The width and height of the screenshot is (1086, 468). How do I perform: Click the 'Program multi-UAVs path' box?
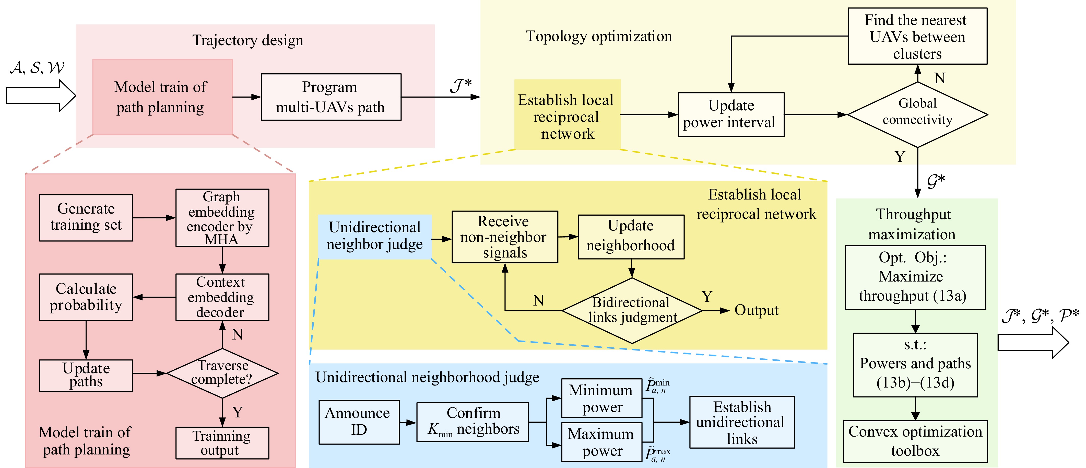tap(331, 97)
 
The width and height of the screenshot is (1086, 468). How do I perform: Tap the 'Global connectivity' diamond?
tap(917, 114)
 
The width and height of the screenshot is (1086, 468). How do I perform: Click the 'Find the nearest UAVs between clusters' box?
tap(917, 36)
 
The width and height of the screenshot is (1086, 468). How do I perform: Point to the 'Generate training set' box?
tap(86, 218)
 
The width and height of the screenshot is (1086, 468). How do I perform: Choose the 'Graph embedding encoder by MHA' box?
tap(222, 218)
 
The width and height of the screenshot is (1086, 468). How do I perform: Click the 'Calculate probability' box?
tap(86, 297)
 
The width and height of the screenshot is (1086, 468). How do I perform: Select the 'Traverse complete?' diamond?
tap(222, 373)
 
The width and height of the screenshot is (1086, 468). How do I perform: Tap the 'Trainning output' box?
tap(222, 443)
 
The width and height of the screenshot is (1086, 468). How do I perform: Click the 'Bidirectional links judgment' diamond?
tap(632, 311)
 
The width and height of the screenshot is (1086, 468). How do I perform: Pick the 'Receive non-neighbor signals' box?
tap(505, 237)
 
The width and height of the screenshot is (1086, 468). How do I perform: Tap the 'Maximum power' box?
tap(601, 442)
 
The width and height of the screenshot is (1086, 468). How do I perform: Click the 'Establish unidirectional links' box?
tap(742, 422)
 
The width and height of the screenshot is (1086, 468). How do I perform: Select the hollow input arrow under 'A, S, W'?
tap(41, 96)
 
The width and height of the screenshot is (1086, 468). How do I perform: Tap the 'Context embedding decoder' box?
tap(222, 297)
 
